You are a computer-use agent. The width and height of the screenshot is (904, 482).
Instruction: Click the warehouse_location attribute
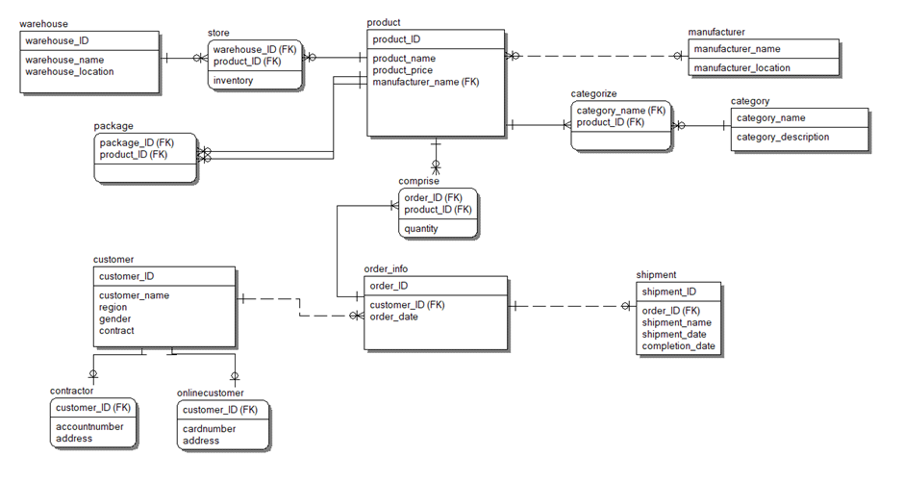coord(69,71)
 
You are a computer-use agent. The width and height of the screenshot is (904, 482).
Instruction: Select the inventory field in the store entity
coord(234,81)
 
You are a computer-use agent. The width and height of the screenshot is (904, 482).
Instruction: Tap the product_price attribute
coord(402,70)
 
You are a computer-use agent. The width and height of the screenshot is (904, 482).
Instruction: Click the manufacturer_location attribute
coord(741,68)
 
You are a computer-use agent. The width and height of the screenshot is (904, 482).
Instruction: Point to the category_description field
coord(782,138)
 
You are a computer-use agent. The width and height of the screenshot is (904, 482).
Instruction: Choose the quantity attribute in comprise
coord(421,229)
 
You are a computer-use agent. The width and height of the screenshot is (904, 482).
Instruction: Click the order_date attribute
coord(393,317)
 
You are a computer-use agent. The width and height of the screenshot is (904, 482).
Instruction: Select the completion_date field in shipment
coord(678,346)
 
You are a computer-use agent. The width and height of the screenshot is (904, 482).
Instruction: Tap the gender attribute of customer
coord(114,319)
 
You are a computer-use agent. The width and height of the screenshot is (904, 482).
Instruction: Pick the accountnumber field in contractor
coord(89,426)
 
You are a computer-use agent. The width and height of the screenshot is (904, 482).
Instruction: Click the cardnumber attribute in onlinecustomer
coord(209,429)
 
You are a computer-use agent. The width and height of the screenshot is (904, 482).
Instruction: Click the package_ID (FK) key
coord(134,142)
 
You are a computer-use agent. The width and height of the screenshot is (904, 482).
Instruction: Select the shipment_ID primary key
coord(668,292)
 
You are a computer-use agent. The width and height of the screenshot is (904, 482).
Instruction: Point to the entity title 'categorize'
coord(593,94)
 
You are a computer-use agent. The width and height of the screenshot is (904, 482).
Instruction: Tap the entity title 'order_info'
coord(386,268)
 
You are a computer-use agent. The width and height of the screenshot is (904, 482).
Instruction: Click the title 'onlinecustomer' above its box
coord(210,393)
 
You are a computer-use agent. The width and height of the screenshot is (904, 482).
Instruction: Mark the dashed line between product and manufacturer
coord(596,56)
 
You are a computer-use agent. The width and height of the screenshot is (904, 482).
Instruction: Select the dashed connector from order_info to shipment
coord(567,307)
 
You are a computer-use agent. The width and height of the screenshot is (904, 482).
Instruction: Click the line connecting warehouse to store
coord(183,58)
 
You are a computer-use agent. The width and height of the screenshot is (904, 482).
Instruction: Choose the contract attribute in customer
coord(116,331)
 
